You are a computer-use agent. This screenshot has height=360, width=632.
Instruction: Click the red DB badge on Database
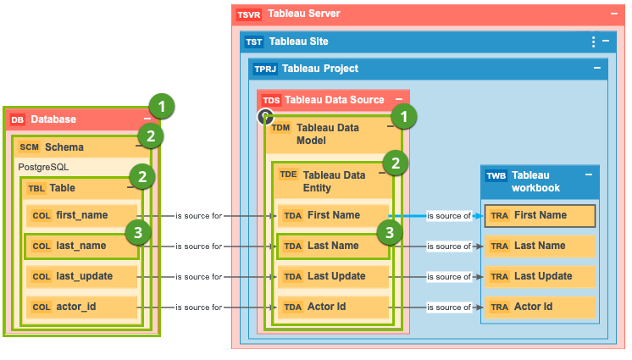click(18, 119)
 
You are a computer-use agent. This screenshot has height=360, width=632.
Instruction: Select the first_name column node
click(80, 215)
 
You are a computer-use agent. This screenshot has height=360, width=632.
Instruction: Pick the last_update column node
click(80, 276)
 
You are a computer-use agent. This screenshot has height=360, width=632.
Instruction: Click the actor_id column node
click(80, 307)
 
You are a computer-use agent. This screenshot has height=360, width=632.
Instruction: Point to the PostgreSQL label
click(43, 167)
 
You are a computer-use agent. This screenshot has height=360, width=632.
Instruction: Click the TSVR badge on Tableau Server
click(249, 14)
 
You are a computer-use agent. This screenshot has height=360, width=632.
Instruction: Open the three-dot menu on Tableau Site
click(593, 42)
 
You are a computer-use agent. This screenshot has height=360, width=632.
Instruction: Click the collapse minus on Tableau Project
click(596, 69)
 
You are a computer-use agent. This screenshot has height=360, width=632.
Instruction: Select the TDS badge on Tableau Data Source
click(271, 100)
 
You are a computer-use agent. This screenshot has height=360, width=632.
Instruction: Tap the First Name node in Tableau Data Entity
click(333, 215)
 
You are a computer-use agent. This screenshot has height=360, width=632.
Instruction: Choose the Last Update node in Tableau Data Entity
click(333, 276)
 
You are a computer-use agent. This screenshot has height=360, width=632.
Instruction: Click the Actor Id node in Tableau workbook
click(540, 307)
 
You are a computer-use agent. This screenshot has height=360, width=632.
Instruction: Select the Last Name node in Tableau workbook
click(540, 246)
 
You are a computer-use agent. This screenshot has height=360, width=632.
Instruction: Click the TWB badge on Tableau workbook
click(496, 176)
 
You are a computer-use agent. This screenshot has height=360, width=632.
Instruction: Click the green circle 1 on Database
click(161, 106)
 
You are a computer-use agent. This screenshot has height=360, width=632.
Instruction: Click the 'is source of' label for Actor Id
click(449, 307)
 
